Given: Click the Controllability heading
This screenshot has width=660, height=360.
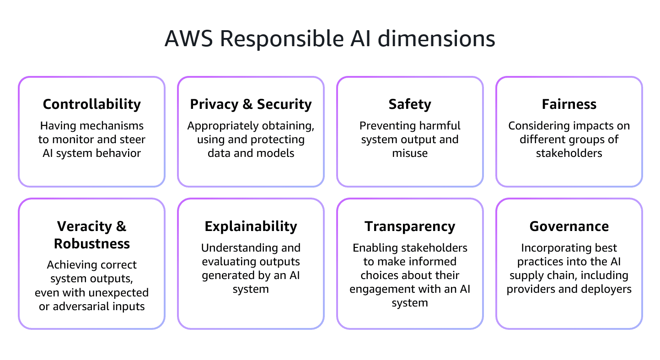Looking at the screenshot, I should tap(92, 104).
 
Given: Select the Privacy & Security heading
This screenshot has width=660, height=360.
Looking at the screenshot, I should tap(251, 104).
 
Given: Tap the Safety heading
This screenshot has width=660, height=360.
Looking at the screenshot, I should tap(410, 104).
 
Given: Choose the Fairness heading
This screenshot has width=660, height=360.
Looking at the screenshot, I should tap(569, 104).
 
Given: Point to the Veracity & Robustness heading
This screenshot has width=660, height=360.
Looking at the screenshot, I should tap(92, 235).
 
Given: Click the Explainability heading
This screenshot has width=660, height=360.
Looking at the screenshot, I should tap(251, 226).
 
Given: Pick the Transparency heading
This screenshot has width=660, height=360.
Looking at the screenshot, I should tap(410, 226).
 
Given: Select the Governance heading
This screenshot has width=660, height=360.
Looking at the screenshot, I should tap(569, 226).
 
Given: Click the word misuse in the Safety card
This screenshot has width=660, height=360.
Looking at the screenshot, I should tap(410, 153).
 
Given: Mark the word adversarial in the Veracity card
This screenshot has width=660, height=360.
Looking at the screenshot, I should tap(85, 306).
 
